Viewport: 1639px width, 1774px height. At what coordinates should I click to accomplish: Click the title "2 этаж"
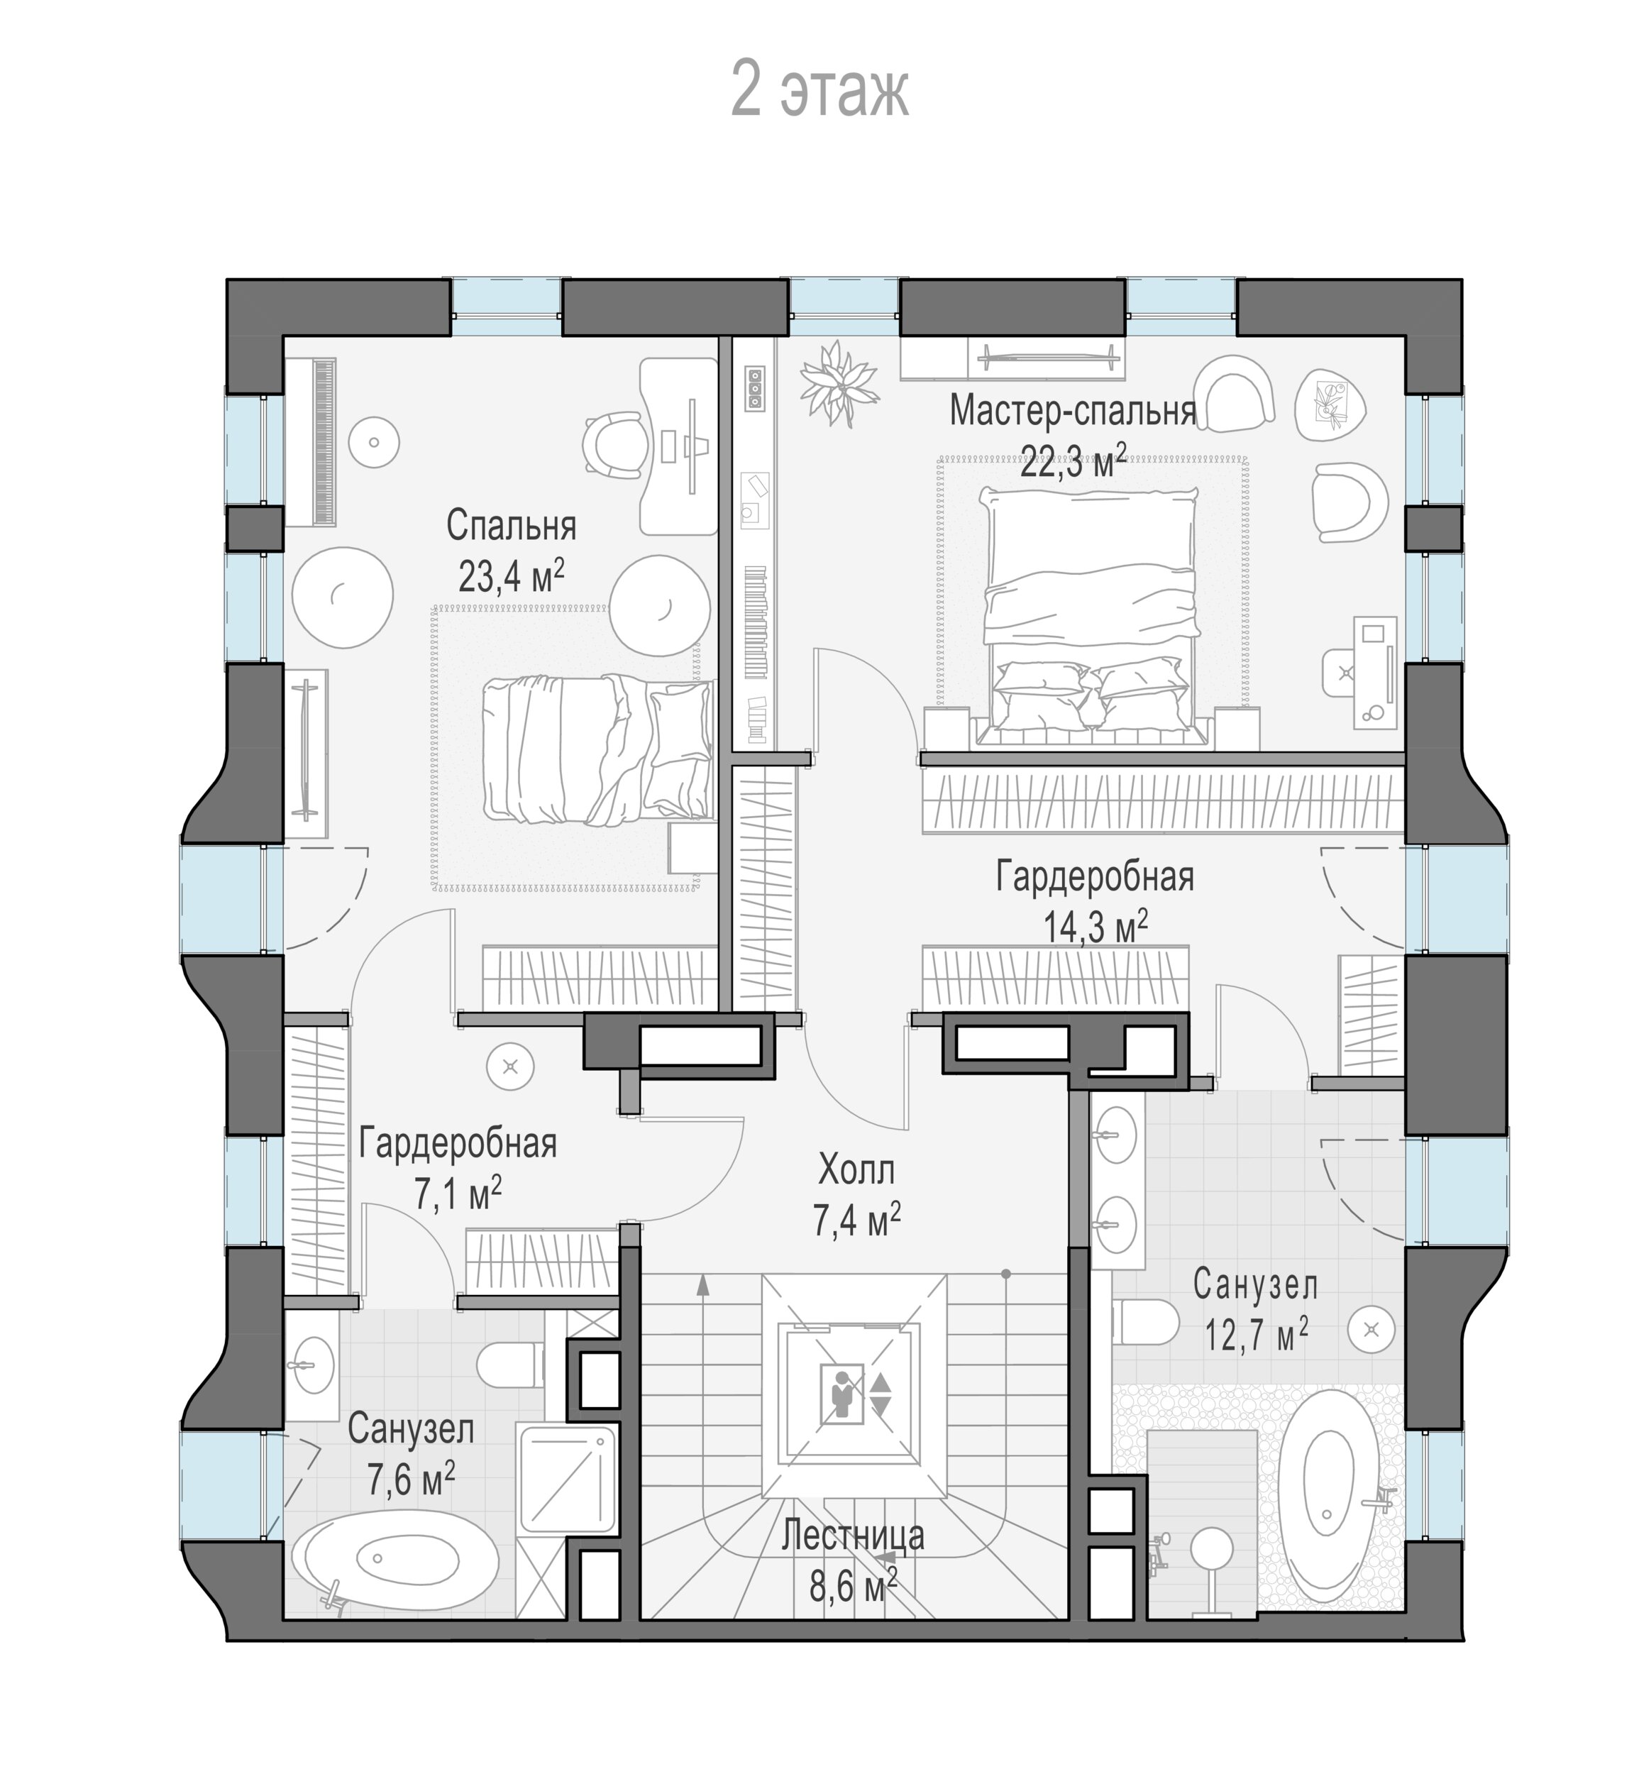[819, 89]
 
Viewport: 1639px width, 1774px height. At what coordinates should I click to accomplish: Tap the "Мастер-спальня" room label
[1073, 411]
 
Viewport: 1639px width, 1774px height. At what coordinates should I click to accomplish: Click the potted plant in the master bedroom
[838, 383]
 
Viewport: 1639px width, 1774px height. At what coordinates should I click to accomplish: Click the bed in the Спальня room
[597, 749]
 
